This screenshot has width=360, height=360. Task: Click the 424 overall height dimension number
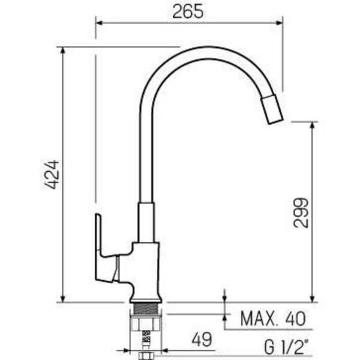(52, 175)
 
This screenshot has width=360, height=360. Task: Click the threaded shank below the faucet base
(146, 310)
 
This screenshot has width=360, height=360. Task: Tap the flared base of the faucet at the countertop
(146, 293)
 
